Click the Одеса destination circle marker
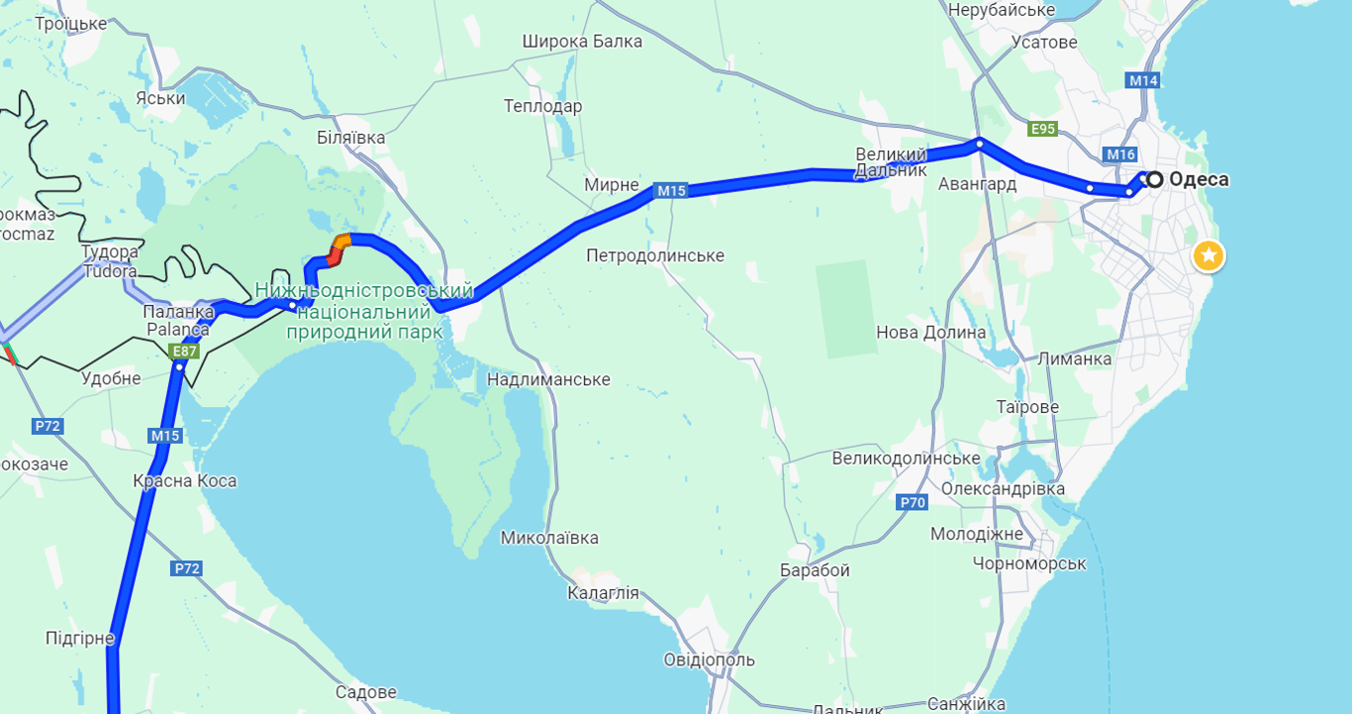[1154, 179]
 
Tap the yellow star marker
[1207, 255]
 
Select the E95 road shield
[1042, 129]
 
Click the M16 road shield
[1120, 154]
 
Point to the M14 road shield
[1143, 80]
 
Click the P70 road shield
[913, 502]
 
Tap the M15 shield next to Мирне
[670, 190]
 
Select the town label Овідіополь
[709, 660]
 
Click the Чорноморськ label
[1029, 563]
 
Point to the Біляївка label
[350, 138]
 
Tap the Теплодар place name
[542, 106]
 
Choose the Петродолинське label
[655, 255]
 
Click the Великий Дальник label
[891, 162]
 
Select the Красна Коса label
[185, 481]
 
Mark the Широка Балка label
[582, 42]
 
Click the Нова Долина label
[931, 332]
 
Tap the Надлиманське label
[548, 379]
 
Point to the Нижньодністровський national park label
[364, 311]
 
